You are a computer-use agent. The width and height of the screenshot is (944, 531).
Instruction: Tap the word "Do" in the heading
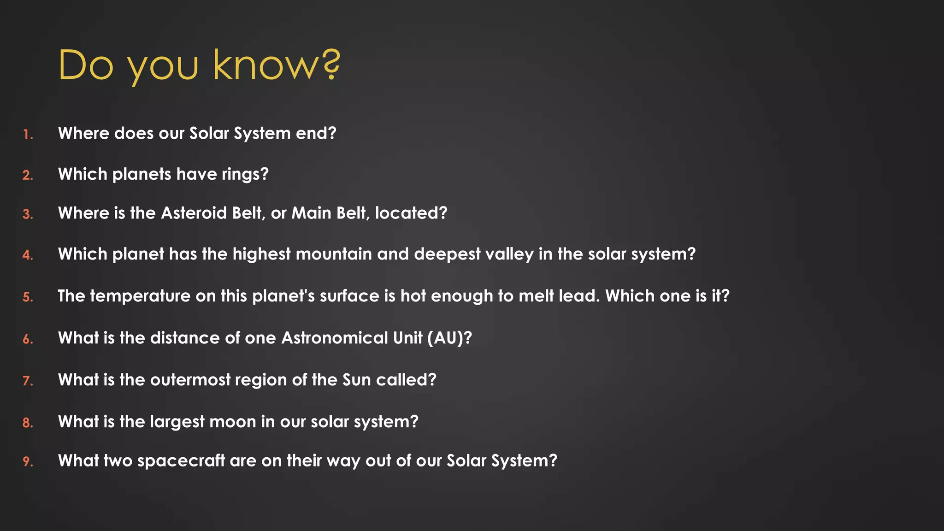(86, 65)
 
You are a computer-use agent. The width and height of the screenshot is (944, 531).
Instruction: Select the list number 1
(28, 135)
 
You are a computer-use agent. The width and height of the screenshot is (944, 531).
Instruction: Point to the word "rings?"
(245, 175)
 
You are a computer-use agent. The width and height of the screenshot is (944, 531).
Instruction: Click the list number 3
(28, 214)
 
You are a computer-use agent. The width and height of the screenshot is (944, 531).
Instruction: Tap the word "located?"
(411, 213)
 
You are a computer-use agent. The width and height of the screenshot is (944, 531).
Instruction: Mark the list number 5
(28, 297)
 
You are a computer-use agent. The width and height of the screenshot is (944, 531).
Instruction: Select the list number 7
(28, 381)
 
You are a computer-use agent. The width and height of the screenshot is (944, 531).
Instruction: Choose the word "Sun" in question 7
(356, 380)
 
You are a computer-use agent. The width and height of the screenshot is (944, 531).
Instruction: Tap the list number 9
(28, 461)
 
